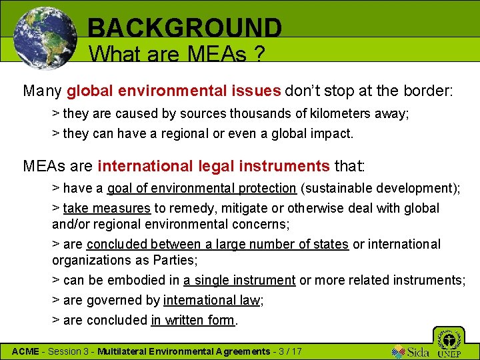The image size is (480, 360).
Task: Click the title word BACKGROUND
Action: tap(185, 28)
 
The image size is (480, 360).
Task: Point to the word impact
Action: tap(329, 133)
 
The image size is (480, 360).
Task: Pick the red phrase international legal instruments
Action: tap(213, 165)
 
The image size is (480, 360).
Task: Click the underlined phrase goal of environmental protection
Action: tap(201, 189)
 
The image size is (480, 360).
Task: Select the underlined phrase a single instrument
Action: tap(239, 281)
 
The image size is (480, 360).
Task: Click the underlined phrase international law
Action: tap(211, 301)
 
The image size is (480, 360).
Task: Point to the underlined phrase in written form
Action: tap(193, 321)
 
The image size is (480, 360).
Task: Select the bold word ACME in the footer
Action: tap(26, 351)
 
